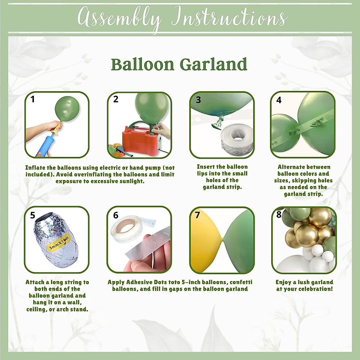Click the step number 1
[33, 99]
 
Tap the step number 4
[279, 100]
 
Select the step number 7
[197, 215]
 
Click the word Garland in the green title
[213, 64]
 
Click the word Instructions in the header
[229, 18]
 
